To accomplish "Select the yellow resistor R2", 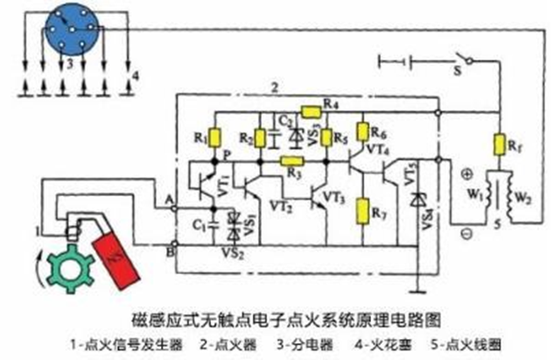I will [x=260, y=138].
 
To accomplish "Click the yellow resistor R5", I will [x=326, y=138].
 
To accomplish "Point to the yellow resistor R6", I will [x=362, y=132].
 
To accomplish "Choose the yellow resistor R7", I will [x=362, y=209].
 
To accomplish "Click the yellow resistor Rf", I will [x=497, y=143].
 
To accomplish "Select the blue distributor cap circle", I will [x=72, y=31].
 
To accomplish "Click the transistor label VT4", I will [x=377, y=151].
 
